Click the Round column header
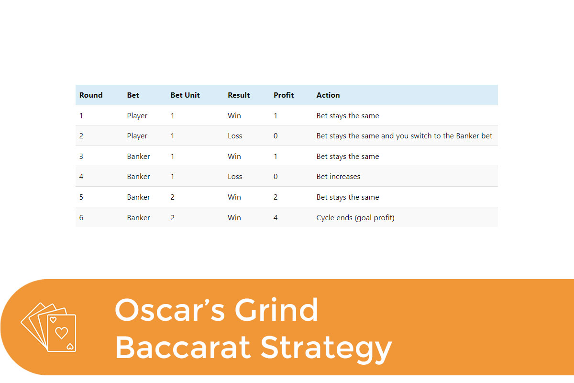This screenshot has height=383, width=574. coord(91,95)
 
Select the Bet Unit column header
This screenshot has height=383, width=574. coord(185,95)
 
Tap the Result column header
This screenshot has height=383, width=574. coord(239,95)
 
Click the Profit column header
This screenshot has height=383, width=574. coord(284,95)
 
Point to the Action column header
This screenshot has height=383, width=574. coord(328,95)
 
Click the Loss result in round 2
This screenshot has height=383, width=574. coord(235,136)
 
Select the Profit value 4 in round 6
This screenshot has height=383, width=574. coord(276,218)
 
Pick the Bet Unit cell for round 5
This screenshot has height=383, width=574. coord(173,197)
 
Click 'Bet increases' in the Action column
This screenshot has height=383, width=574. coord(338,177)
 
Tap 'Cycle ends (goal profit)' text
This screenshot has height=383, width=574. coord(355,218)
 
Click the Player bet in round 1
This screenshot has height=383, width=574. coord(137,116)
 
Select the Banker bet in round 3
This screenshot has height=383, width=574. coord(138,157)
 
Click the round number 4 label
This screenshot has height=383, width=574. coord(81,177)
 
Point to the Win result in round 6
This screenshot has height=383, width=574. coord(234,218)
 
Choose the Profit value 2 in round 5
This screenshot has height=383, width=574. coord(276,197)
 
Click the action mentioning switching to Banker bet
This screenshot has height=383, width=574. coord(404,136)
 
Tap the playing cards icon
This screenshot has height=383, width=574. coord(49,327)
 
